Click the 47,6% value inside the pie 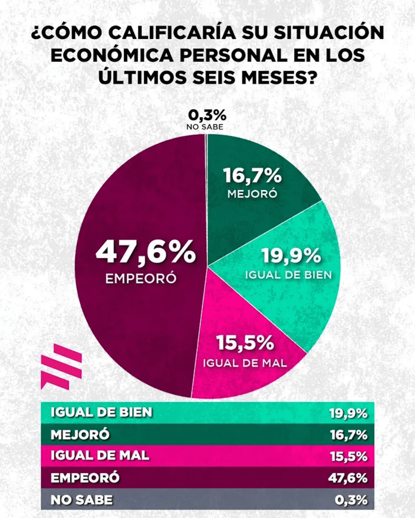146,251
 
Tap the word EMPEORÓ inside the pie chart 141,279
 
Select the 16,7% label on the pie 252,176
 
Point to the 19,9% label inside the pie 291,255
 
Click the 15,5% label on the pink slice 245,343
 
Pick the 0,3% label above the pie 204,115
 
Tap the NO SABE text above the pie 204,127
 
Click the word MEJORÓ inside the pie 252,194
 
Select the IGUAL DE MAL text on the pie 245,363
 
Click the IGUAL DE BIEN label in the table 101,412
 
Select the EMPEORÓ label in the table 85,478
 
